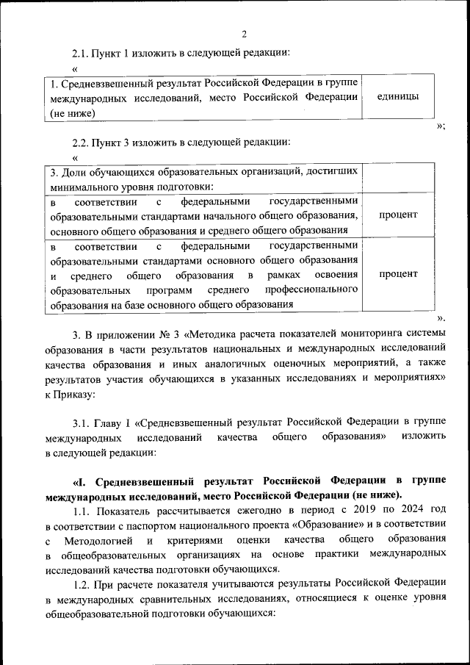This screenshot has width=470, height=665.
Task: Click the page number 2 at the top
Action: (245, 33)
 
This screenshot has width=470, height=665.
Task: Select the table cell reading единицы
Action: (397, 97)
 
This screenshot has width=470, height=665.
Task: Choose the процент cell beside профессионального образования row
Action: (398, 274)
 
